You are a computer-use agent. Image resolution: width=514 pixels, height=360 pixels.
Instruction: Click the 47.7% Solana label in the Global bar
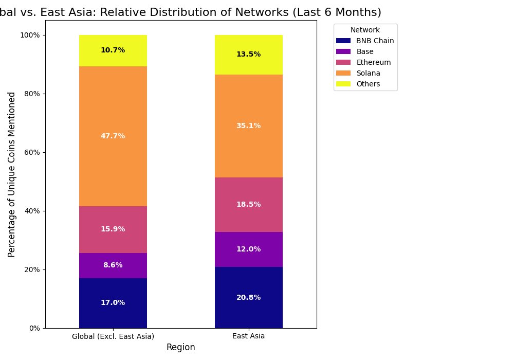tap(113, 136)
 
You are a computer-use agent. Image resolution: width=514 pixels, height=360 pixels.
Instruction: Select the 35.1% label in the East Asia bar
tap(248, 126)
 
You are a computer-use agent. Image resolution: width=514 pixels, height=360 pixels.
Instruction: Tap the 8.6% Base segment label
tap(113, 265)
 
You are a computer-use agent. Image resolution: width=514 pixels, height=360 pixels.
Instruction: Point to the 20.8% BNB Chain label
tap(248, 298)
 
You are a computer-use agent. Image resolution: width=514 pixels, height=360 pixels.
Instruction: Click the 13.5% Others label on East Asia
tap(248, 55)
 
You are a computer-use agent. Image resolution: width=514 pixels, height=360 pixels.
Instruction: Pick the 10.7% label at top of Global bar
tap(113, 50)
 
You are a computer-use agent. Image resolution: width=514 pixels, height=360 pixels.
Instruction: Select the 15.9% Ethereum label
tap(113, 229)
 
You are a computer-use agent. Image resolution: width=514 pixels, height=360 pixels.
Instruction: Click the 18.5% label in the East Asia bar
tap(248, 205)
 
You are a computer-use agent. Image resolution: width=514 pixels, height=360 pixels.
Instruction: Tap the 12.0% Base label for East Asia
tap(248, 249)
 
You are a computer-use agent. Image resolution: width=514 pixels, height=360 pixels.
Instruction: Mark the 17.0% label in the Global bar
tap(113, 303)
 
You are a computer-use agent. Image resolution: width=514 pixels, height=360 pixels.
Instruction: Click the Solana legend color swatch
tap(343, 73)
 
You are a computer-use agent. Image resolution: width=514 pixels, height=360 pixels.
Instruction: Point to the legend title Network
tap(365, 30)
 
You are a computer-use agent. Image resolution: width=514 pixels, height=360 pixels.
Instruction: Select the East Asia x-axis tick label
tap(248, 336)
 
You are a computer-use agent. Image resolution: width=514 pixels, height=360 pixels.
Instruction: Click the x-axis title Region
tap(180, 348)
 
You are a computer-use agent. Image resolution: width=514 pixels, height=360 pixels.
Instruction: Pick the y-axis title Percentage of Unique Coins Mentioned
tap(12, 174)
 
